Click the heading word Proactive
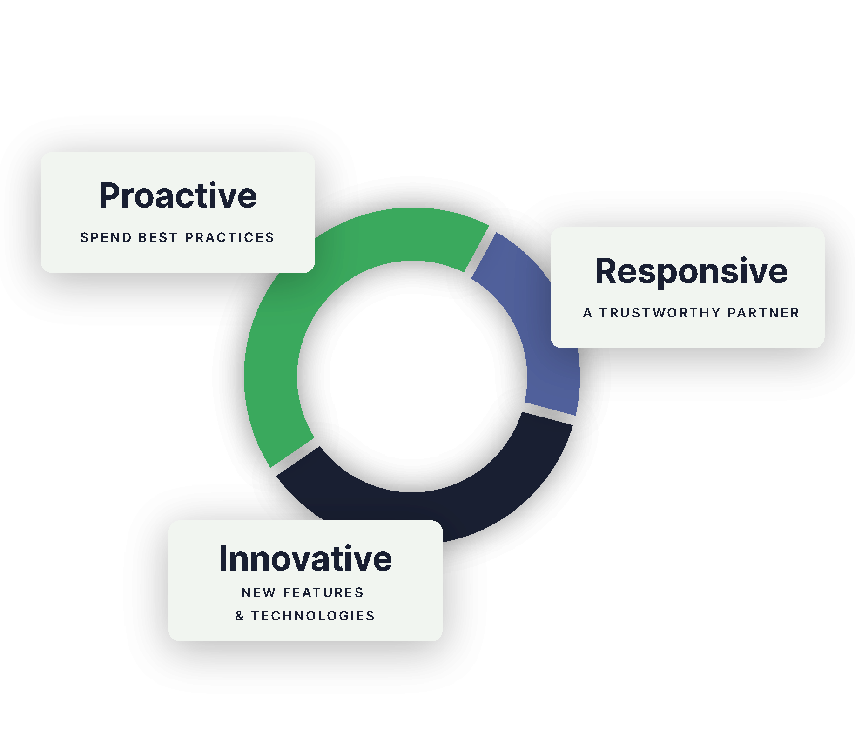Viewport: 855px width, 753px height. [x=178, y=195]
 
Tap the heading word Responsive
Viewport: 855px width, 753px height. [x=691, y=271]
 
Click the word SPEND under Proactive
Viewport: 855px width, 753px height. [x=106, y=237]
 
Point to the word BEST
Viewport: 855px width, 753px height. [x=158, y=237]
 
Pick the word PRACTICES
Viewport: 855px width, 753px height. [x=229, y=237]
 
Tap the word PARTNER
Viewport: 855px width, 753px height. [x=763, y=313]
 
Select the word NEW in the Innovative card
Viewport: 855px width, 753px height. [x=258, y=592]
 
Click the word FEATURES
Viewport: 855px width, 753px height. [x=323, y=592]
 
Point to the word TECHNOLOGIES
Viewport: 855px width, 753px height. [x=313, y=616]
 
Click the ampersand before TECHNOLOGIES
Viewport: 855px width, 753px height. [x=240, y=616]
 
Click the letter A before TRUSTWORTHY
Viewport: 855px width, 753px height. [x=588, y=313]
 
